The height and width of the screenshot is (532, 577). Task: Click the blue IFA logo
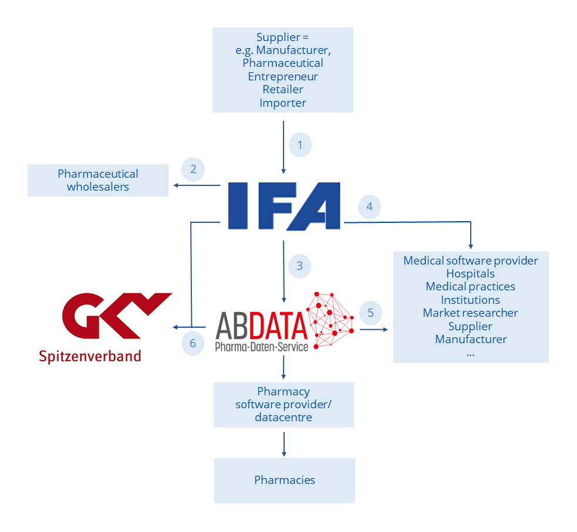coord(283,205)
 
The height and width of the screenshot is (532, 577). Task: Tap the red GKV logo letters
coord(116,316)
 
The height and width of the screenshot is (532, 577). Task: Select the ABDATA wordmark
coord(261,326)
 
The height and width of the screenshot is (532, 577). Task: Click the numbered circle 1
coord(300,145)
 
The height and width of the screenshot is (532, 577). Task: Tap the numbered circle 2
coord(193,170)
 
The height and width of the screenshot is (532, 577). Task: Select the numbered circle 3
coord(299,266)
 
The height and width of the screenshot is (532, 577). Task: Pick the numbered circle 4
coord(369,207)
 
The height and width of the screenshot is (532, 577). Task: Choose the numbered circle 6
coord(193,343)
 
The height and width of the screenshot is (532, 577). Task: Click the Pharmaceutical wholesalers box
coord(98,181)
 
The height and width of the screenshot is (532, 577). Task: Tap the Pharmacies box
coord(285,480)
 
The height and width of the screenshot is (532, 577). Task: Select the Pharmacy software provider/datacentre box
coord(284,405)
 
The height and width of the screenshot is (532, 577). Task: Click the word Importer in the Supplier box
coord(283,103)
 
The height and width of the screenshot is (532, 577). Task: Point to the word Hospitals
coord(470,274)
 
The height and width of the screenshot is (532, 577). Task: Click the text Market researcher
coord(470,313)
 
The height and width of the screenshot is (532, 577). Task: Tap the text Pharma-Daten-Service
coord(261,347)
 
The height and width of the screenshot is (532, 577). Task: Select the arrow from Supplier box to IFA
coord(284,147)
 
